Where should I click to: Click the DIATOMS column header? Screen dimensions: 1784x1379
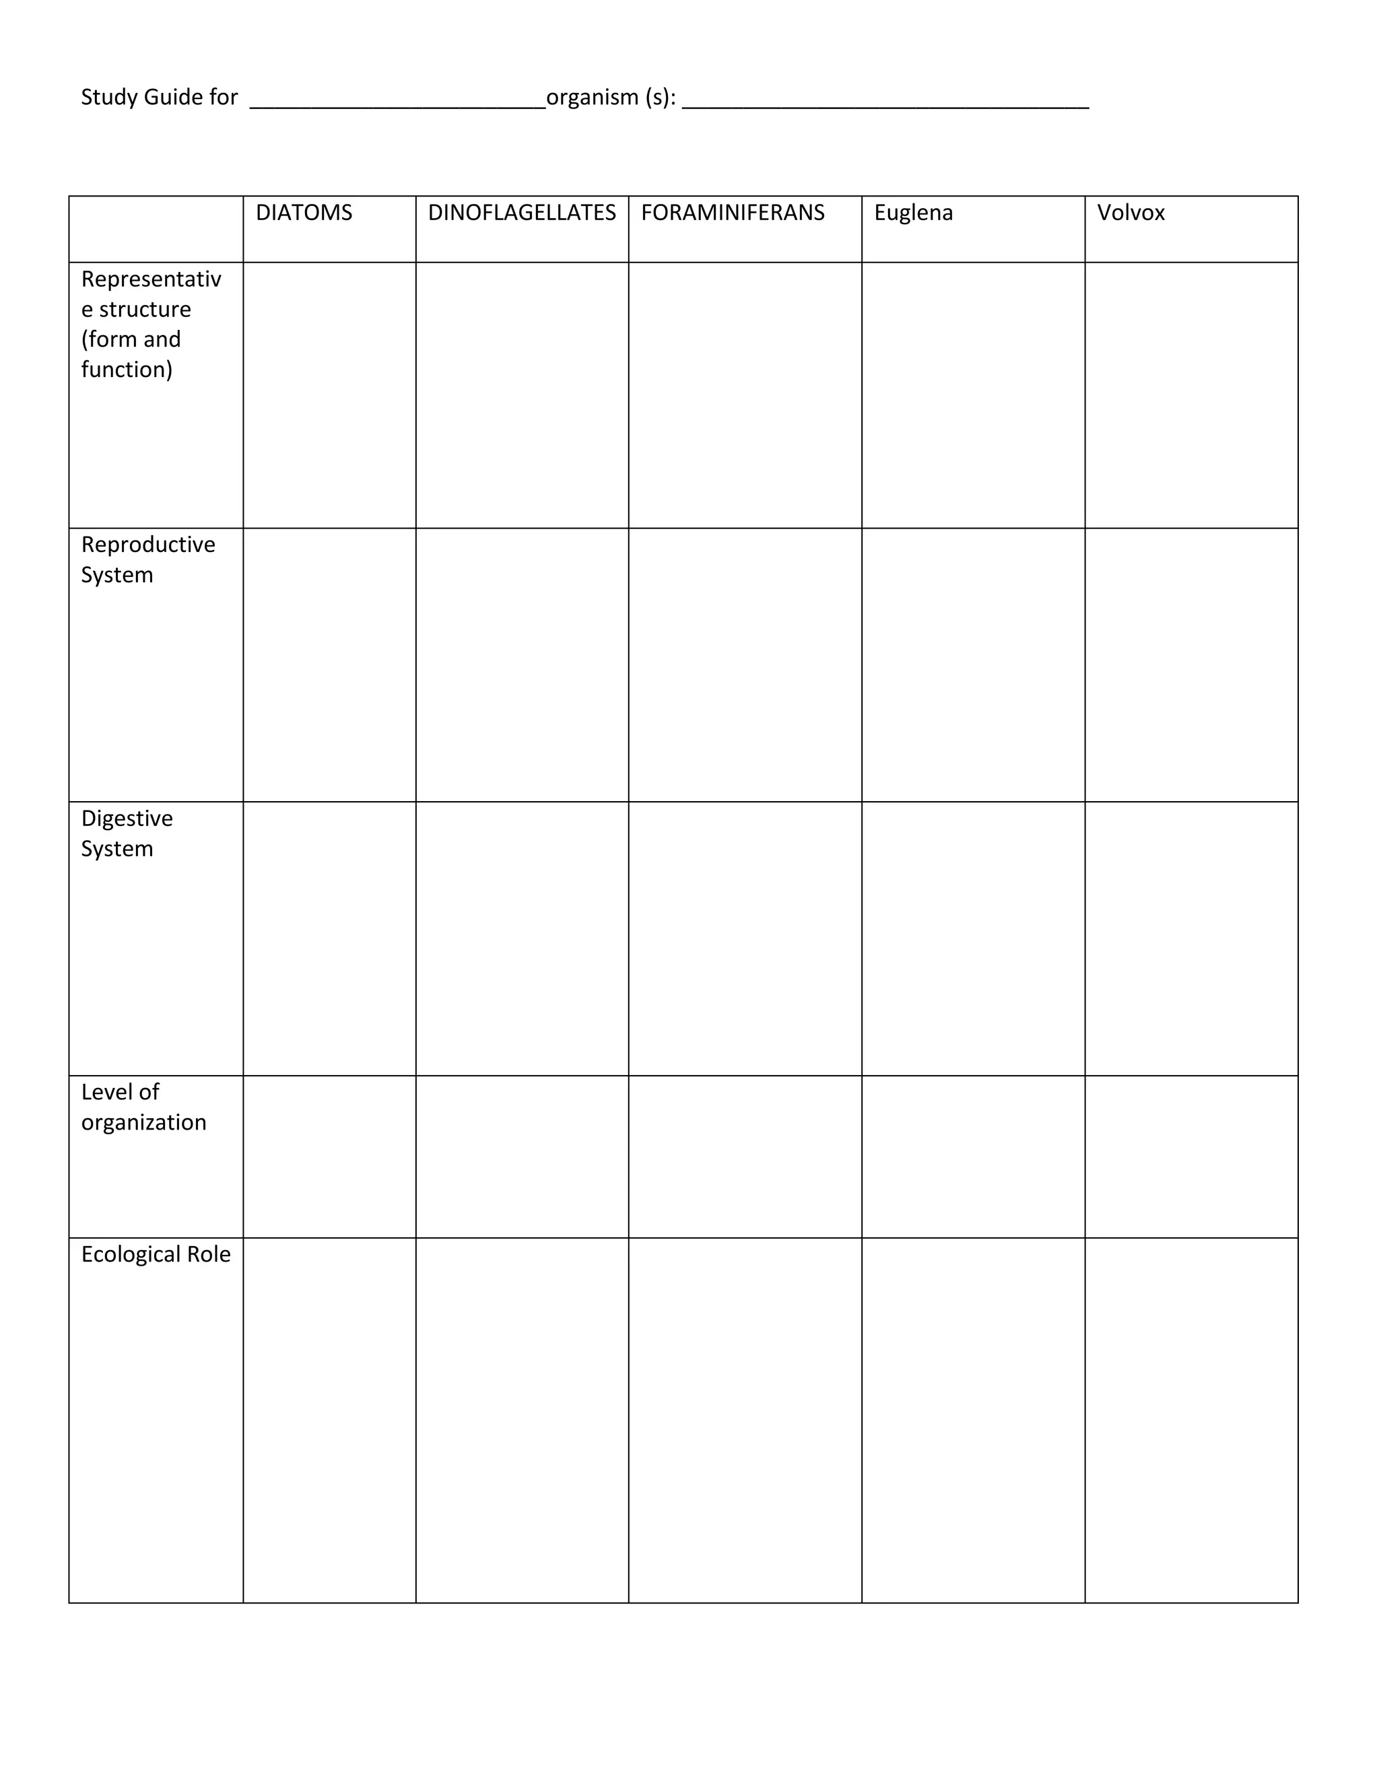pos(304,213)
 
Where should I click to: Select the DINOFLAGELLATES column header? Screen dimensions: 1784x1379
pos(521,213)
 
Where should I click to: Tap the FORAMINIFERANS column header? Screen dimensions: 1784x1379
pos(733,213)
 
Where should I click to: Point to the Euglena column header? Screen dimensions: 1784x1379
pos(913,213)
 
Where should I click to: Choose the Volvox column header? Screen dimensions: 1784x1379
pos(1131,213)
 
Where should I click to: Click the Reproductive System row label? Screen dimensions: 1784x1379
pos(148,559)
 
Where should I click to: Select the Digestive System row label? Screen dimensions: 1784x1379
pos(127,833)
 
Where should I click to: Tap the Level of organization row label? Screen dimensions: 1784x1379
pos(143,1107)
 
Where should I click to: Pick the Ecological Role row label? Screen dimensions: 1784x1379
pos(156,1254)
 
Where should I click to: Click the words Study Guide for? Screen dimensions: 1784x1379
pos(160,97)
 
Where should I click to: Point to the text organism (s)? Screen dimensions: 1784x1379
pos(611,97)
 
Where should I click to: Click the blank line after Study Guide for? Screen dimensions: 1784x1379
pos(398,103)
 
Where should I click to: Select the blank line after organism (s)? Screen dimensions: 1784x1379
pos(885,103)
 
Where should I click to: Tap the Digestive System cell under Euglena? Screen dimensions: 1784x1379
pos(973,938)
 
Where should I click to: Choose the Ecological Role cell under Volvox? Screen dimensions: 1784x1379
pos(1191,1420)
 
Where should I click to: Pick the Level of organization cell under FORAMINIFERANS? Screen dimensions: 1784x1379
pos(745,1157)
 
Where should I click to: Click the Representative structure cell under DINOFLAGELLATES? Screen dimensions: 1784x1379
pos(522,395)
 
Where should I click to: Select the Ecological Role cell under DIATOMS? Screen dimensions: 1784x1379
pos(329,1420)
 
